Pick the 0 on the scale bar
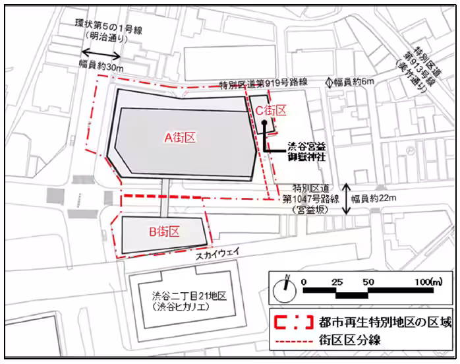tap(303, 282)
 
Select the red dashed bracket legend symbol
tap(289, 322)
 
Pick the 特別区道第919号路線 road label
tap(264, 84)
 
